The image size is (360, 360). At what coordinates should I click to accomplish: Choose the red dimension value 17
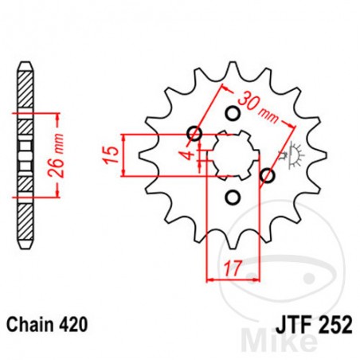point(232,269)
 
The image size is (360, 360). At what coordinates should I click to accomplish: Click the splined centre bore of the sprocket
point(230,155)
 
